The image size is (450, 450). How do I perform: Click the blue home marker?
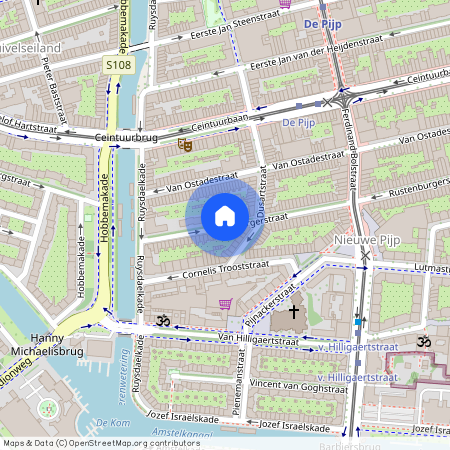click(225, 216)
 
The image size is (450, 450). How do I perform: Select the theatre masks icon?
click(184, 144)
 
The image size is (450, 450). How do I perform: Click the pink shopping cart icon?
click(227, 304)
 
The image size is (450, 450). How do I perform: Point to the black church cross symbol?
click(293, 312)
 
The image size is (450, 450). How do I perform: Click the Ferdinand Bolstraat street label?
click(353, 160)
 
